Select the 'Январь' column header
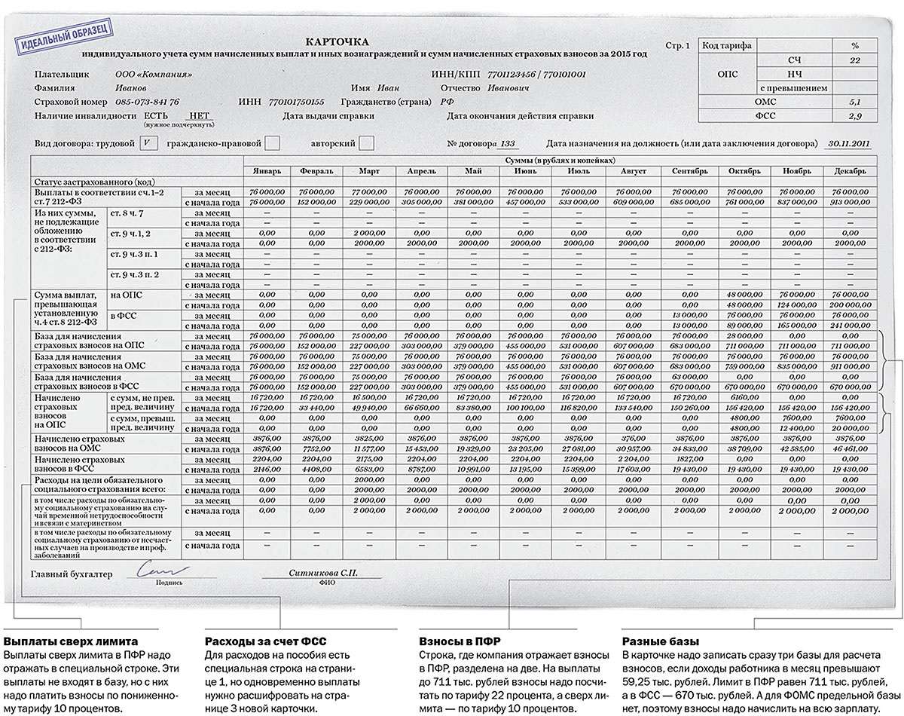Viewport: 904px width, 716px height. [267, 171]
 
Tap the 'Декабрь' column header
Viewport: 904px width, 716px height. [849, 171]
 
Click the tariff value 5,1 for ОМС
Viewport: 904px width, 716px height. [854, 101]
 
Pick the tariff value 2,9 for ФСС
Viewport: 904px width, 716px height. [854, 115]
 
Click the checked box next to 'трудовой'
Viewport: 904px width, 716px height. [149, 142]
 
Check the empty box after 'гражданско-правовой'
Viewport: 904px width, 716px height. [273, 142]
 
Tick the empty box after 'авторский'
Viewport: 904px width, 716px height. [366, 142]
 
